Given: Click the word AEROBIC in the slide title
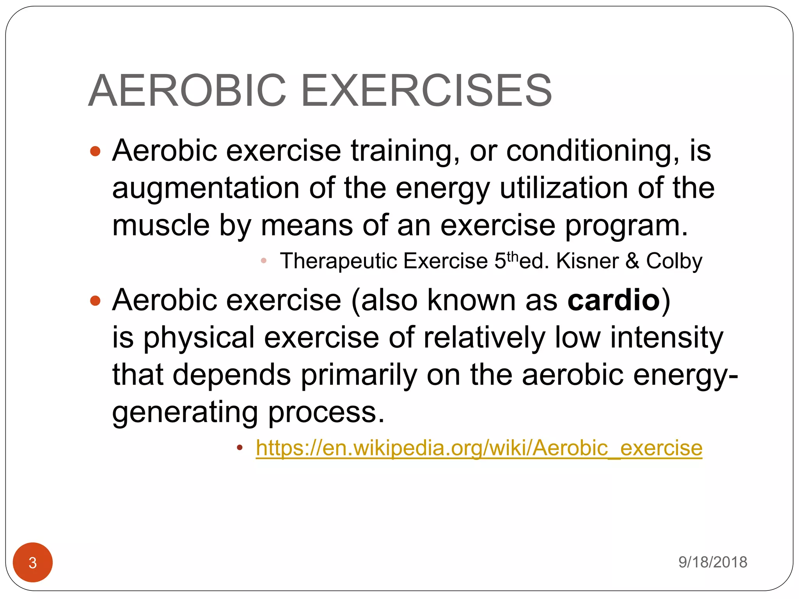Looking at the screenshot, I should (188, 90).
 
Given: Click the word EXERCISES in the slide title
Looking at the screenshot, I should (426, 90).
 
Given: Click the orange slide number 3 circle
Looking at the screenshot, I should (33, 562).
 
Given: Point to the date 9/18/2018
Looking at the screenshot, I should (712, 562).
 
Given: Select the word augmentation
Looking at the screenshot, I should (206, 188).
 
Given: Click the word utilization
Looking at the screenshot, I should (564, 188).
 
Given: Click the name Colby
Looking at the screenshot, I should (674, 261).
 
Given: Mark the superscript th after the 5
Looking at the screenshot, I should (513, 256).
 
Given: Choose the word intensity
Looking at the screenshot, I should (666, 337).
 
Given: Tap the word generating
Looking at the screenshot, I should (185, 413).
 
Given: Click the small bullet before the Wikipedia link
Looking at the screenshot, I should (240, 447).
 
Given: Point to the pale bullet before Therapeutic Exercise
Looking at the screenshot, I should (264, 261).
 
